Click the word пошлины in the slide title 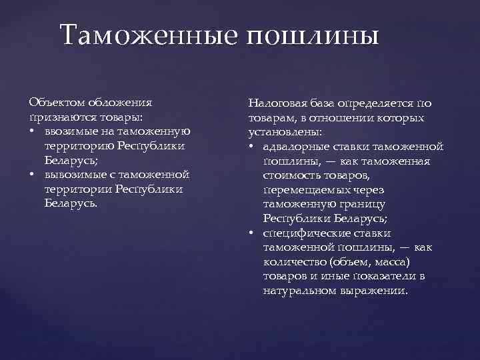pyautogui.click(x=313, y=35)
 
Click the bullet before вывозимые pyautogui.click(x=32, y=175)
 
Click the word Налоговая pyautogui.click(x=275, y=103)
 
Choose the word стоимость pyautogui.click(x=290, y=175)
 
